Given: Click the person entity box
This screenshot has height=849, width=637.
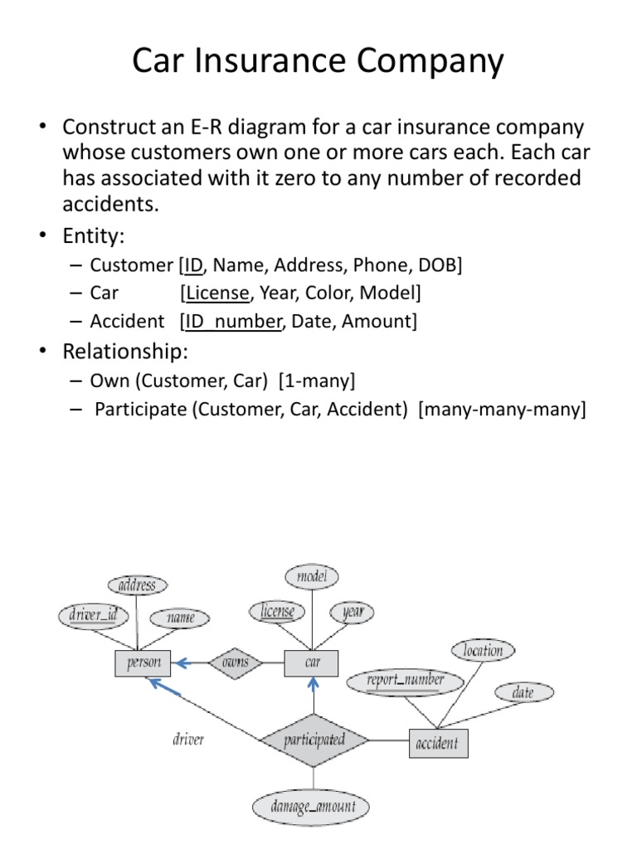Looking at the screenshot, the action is [143, 662].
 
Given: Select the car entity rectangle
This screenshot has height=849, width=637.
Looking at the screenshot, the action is [312, 662].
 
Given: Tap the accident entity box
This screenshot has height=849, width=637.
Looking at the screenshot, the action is [438, 744].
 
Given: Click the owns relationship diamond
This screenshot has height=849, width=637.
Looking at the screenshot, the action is [235, 662].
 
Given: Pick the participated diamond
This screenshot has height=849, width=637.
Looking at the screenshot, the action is [314, 740].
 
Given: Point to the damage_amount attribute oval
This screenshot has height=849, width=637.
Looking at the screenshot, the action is [311, 807].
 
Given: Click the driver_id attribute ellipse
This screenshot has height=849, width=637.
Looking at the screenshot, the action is [94, 616].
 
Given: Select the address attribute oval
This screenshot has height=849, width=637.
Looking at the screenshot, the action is [138, 585].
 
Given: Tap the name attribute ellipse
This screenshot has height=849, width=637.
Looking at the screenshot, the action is [180, 618].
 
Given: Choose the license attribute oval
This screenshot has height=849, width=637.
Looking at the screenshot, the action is [277, 611].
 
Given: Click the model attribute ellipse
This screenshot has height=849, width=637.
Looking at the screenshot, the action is [312, 577].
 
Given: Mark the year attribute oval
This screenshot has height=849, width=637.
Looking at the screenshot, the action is [352, 613].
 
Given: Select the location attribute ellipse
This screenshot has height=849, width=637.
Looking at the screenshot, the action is [484, 650].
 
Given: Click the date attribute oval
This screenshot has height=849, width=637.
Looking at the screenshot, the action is [524, 692].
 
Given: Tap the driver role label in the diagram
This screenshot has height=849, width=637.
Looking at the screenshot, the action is [188, 740].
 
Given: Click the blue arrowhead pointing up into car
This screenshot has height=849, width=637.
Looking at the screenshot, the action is [314, 684].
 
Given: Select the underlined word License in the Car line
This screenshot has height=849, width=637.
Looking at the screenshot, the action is [217, 293].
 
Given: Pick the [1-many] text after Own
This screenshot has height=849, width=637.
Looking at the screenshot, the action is [317, 381].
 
